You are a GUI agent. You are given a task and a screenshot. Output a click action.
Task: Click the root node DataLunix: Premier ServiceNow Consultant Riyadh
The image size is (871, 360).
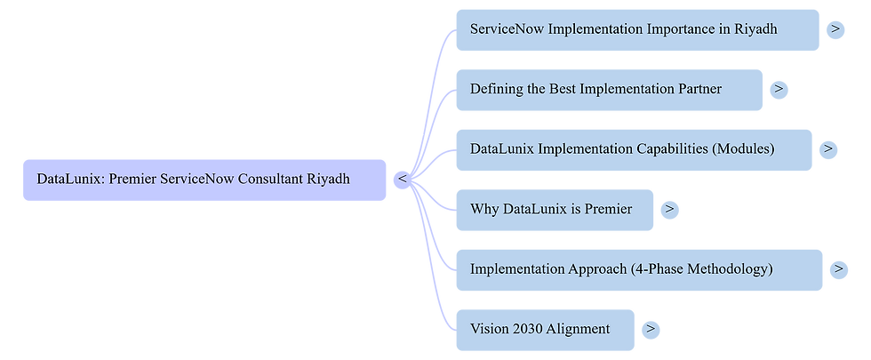click(x=204, y=180)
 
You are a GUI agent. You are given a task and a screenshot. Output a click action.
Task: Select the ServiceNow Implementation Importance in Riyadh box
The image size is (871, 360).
click(x=636, y=29)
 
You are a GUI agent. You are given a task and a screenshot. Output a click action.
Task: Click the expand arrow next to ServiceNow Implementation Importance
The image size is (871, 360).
click(x=835, y=29)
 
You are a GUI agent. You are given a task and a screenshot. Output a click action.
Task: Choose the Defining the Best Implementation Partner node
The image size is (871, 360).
click(x=608, y=89)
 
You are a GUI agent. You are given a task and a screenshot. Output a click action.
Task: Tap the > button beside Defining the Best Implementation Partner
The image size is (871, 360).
click(x=778, y=89)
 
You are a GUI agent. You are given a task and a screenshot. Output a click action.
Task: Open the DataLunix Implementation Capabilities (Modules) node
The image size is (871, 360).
click(x=633, y=148)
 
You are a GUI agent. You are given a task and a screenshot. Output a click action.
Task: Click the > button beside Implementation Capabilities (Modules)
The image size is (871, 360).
click(x=827, y=148)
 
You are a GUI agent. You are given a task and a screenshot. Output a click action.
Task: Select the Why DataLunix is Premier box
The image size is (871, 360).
click(x=554, y=209)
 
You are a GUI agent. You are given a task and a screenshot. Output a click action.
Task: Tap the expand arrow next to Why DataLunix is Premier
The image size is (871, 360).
click(x=670, y=209)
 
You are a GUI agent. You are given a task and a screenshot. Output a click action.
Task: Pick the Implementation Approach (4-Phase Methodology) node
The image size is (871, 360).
click(x=638, y=268)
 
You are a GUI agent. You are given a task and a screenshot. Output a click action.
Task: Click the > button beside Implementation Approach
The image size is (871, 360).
click(x=838, y=268)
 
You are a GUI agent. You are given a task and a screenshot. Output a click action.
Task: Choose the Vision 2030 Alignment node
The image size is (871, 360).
click(x=544, y=329)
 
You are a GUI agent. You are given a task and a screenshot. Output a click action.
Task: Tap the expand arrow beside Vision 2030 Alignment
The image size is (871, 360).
click(x=651, y=329)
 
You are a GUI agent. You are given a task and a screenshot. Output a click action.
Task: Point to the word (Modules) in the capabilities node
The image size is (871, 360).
click(x=743, y=148)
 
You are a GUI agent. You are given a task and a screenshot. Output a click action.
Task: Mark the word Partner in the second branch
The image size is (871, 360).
click(x=697, y=89)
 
